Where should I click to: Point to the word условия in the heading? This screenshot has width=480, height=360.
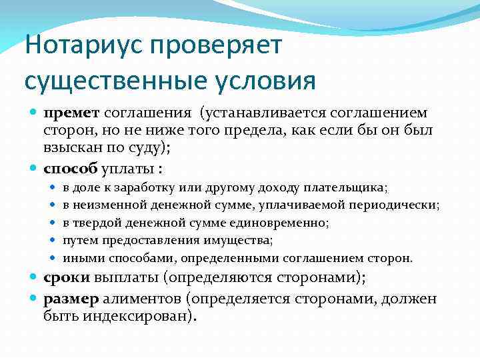[267, 81]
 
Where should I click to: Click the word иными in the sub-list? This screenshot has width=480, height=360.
[81, 257]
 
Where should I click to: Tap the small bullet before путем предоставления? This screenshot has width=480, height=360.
[53, 240]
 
